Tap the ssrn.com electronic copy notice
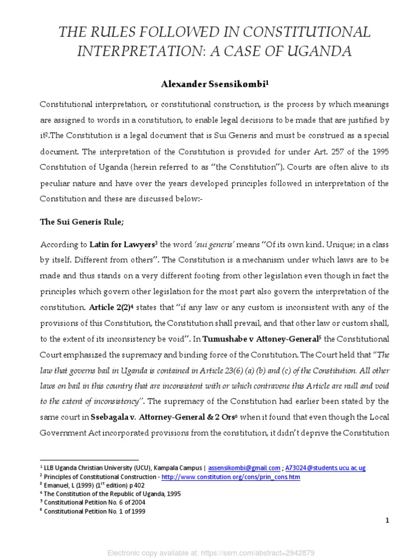tap(209, 552)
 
